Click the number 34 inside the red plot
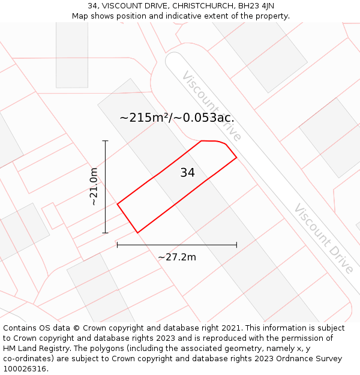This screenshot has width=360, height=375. pos(187,173)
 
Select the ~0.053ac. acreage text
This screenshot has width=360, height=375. pos(203,118)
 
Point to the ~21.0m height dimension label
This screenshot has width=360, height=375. pos(94,187)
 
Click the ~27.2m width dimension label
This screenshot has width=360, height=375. pos(177,257)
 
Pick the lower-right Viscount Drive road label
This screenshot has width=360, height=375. pos(324,238)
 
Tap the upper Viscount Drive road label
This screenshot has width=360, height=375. pos(211,106)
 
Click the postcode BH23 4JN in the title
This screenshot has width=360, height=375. pos(256,5)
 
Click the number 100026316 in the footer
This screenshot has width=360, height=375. pos(23,368)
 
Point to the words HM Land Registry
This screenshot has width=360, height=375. pos(32,348)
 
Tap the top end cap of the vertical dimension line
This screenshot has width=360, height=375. pos(106,141)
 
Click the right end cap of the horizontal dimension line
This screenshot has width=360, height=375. pos(236,245)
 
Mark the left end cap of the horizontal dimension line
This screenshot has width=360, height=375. pos(117,245)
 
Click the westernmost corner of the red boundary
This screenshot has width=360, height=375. pos(117,204)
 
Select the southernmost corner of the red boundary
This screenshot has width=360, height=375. pos(137,232)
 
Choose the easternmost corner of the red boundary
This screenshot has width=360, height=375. pos(236,157)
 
